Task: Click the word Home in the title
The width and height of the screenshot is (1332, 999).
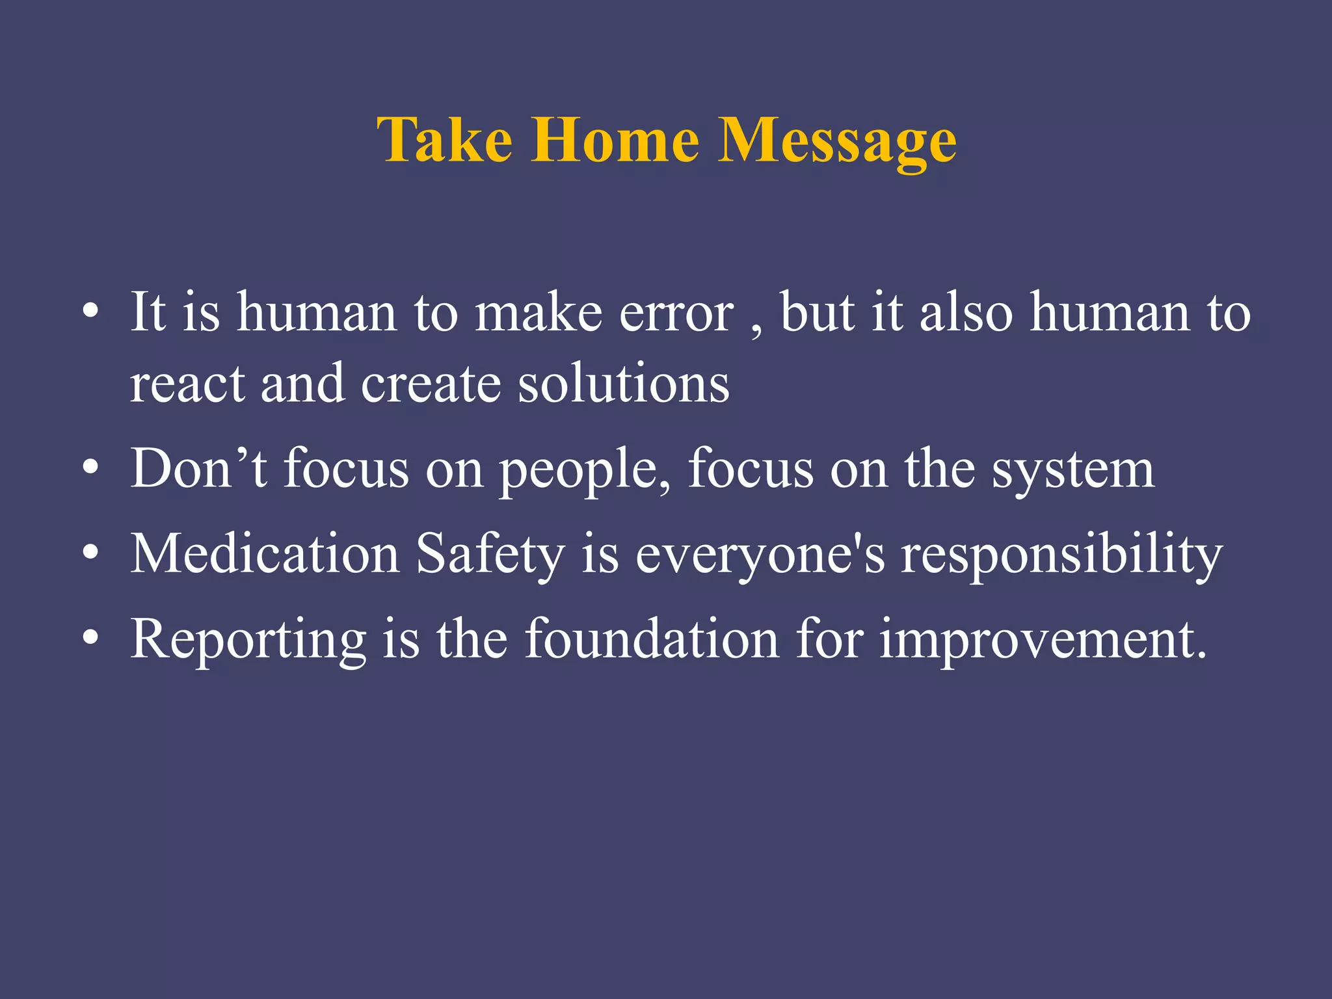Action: click(615, 140)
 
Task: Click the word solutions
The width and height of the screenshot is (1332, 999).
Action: click(624, 384)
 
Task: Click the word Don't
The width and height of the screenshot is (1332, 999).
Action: click(198, 468)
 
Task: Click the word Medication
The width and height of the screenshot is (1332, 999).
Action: click(265, 554)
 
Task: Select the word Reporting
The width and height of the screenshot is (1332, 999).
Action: click(248, 641)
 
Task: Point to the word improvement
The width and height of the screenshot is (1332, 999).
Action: click(1043, 641)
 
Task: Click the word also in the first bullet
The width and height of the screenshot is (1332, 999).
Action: click(966, 312)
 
